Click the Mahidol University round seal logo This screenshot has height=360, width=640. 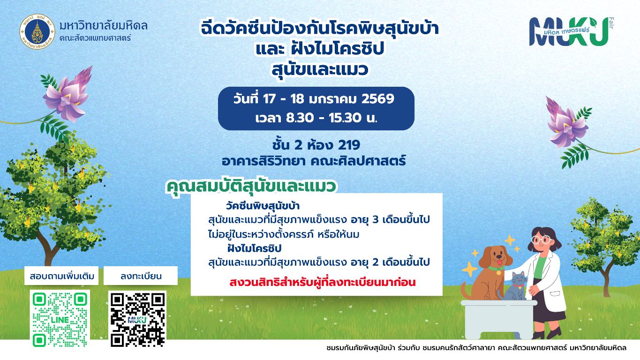click(x=37, y=31)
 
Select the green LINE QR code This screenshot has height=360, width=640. click(x=60, y=319)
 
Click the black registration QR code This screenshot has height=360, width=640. click(x=138, y=319)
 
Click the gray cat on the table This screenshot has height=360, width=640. click(x=514, y=286)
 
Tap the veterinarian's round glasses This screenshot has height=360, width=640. click(x=541, y=240)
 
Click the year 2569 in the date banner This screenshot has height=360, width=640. click(x=378, y=99)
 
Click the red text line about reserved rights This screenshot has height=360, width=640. click(x=322, y=282)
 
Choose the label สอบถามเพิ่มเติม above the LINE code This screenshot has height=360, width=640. click(x=61, y=276)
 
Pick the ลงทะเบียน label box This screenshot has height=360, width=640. click(x=141, y=276)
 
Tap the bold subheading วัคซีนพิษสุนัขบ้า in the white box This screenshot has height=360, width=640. click(x=263, y=206)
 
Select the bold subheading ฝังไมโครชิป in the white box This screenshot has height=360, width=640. click(x=254, y=248)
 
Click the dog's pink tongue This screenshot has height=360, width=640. click(x=499, y=262)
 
